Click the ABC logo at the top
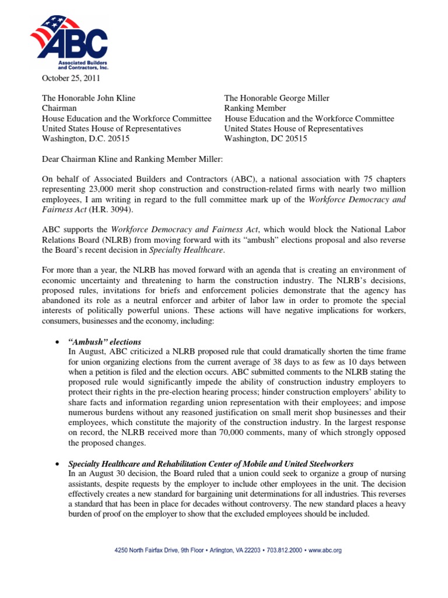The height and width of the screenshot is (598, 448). [68, 41]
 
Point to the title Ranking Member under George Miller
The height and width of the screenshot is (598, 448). [255, 108]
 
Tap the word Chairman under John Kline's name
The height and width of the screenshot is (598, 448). [60, 108]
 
